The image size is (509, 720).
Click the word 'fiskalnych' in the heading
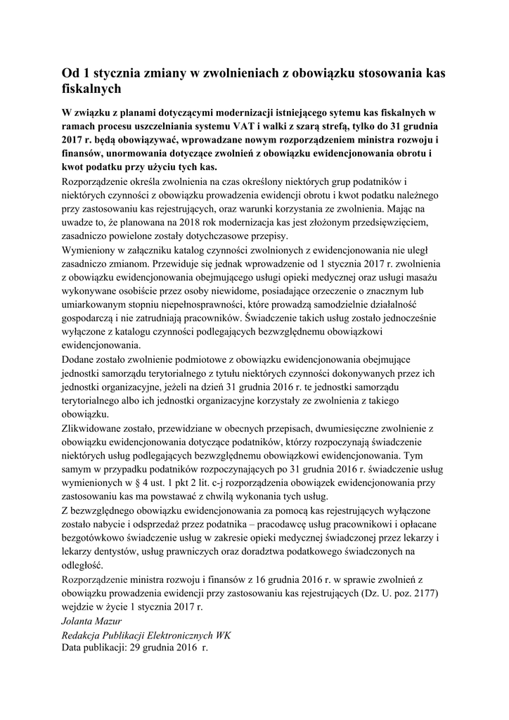pos(92,89)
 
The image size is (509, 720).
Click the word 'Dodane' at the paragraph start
pos(80,359)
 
